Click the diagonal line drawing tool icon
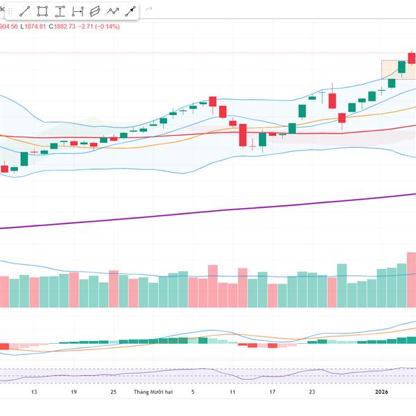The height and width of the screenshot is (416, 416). pyautogui.click(x=25, y=11)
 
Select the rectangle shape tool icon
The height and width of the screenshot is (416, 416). pyautogui.click(x=42, y=11)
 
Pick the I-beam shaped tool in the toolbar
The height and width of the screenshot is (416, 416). pyautogui.click(x=60, y=11)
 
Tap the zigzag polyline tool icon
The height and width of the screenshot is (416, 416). pyautogui.click(x=112, y=11)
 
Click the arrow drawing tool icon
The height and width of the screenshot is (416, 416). pyautogui.click(x=130, y=11)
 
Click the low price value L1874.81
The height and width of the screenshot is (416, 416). pyautogui.click(x=33, y=26)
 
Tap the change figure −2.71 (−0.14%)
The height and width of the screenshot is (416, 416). pyautogui.click(x=99, y=26)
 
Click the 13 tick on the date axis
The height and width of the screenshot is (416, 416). pyautogui.click(x=33, y=392)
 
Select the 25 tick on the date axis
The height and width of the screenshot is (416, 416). pyautogui.click(x=113, y=392)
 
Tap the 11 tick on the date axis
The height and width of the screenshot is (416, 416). pyautogui.click(x=233, y=392)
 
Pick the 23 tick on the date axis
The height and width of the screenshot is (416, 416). pyautogui.click(x=312, y=392)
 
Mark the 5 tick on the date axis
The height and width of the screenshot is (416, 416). pyautogui.click(x=193, y=392)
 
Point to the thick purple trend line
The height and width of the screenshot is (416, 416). pyautogui.click(x=208, y=210)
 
